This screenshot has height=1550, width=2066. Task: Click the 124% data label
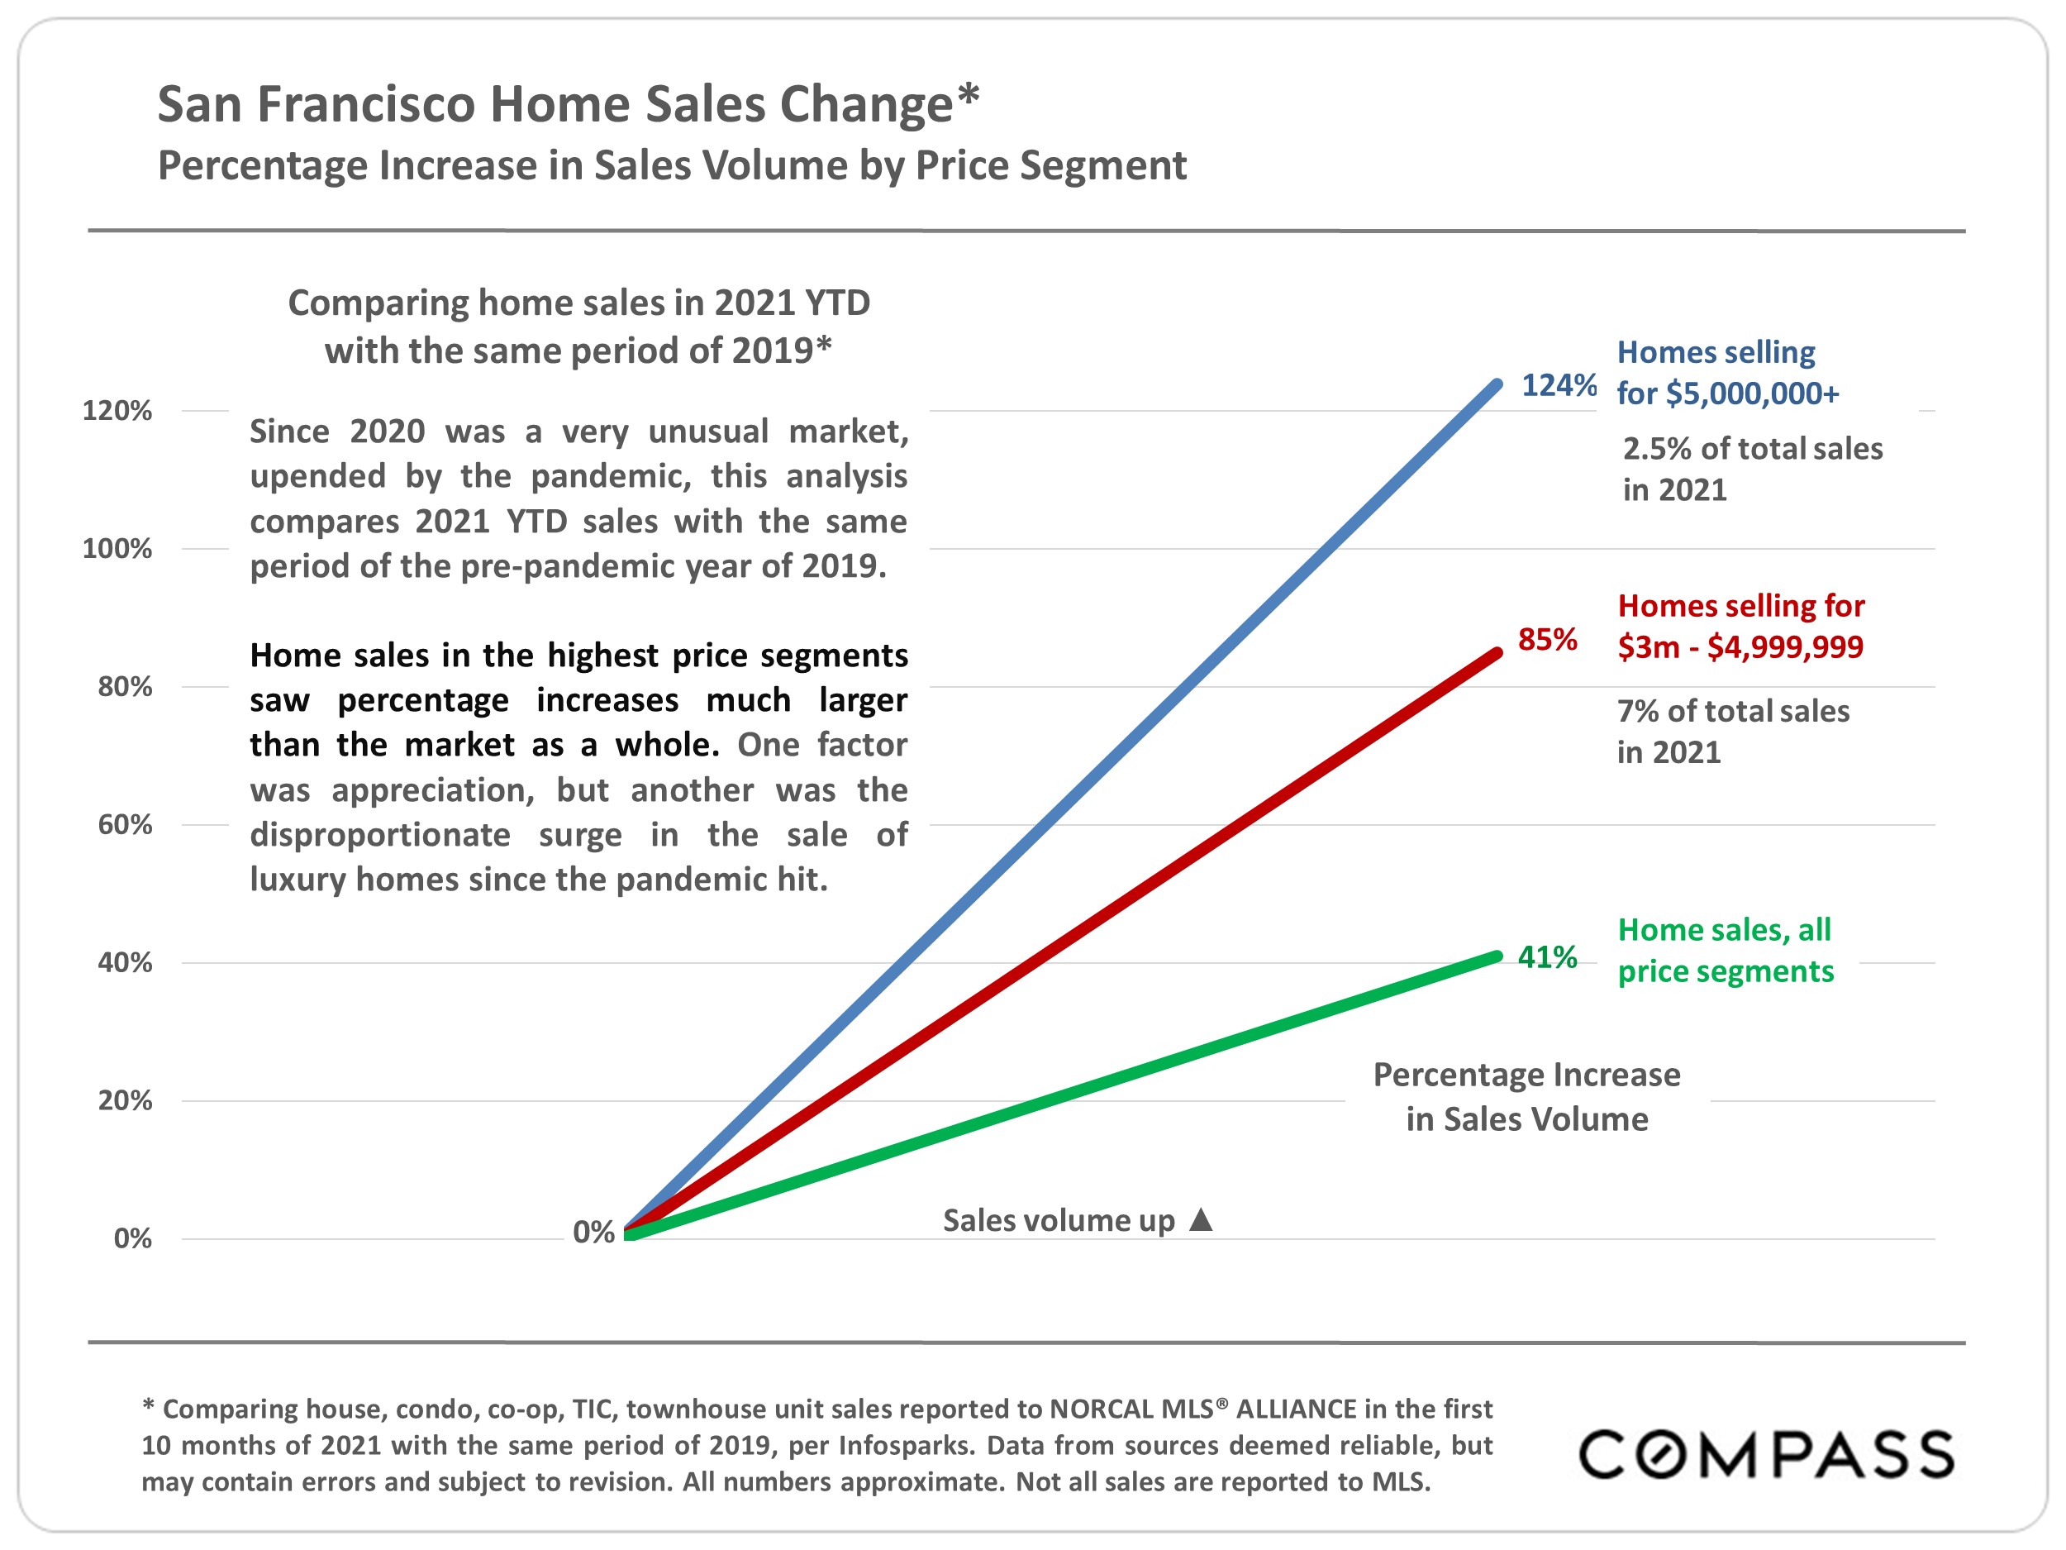(x=1558, y=385)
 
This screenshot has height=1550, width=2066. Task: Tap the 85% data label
(x=1547, y=639)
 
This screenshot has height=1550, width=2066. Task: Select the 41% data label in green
(x=1547, y=956)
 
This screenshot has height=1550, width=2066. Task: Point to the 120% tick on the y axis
(x=117, y=410)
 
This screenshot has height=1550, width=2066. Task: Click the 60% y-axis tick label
(x=124, y=824)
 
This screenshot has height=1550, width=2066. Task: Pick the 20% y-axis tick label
(x=124, y=1099)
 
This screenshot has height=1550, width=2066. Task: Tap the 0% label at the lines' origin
(x=593, y=1232)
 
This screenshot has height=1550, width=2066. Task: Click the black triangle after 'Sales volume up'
(x=1201, y=1219)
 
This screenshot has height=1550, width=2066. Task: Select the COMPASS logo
(x=1765, y=1454)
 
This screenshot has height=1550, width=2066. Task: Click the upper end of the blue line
(x=1497, y=384)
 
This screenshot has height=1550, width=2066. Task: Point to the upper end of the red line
(x=1497, y=653)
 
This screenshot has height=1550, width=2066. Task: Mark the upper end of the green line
(x=1497, y=956)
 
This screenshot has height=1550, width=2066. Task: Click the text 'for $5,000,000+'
(x=1727, y=393)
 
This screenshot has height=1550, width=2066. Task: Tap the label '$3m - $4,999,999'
(x=1740, y=646)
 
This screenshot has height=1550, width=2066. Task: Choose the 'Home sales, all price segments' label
(x=1725, y=950)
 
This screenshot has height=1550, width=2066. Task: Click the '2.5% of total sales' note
(x=1752, y=448)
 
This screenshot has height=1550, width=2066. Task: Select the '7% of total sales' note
(x=1733, y=711)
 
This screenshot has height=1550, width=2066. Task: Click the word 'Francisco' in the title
(x=365, y=103)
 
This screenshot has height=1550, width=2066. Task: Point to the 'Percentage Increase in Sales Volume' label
(x=1526, y=1097)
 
